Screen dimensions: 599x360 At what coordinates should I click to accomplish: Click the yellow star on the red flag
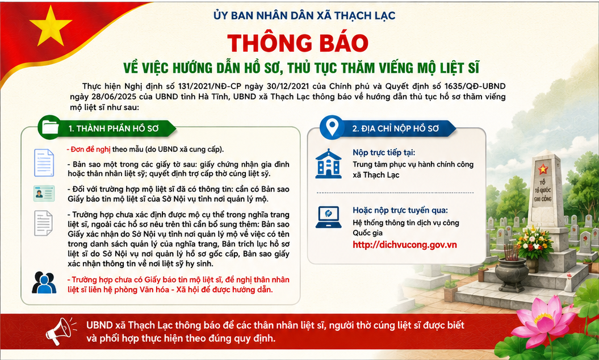click(51, 26)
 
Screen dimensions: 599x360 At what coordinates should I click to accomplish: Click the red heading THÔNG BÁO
click(298, 43)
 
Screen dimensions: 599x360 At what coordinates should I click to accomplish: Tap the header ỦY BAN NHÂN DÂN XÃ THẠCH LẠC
click(304, 16)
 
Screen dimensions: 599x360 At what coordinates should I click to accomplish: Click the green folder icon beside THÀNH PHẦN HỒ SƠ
click(49, 127)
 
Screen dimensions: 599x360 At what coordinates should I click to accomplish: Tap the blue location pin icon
click(332, 127)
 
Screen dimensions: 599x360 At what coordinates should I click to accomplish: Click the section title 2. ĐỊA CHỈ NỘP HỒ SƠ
click(395, 129)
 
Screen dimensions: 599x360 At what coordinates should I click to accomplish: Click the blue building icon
click(329, 164)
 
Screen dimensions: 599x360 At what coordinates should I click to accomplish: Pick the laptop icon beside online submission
click(329, 217)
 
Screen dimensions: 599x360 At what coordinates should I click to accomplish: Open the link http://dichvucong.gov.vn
click(405, 245)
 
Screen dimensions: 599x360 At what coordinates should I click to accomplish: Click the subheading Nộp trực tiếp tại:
click(384, 153)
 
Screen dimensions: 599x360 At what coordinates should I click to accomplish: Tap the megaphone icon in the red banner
click(59, 330)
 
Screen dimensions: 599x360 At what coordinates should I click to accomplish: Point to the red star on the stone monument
click(543, 169)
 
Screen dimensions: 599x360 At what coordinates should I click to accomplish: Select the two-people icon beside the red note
click(44, 282)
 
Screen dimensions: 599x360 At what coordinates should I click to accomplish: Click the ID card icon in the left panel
click(44, 194)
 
